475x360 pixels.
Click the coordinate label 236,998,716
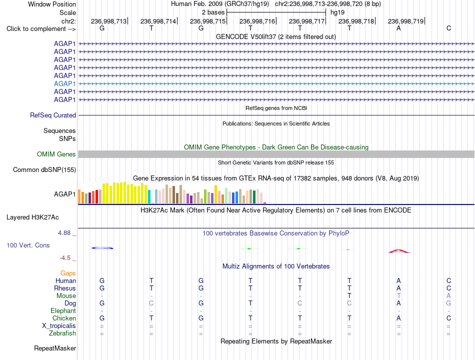click(x=257, y=21)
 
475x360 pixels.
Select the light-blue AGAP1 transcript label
click(x=64, y=83)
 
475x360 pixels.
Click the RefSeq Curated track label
click(x=53, y=115)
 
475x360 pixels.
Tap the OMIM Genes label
click(x=56, y=154)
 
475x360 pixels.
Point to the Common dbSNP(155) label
click(x=44, y=169)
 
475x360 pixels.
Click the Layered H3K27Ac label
click(x=32, y=217)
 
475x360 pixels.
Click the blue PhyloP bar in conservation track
click(x=102, y=248)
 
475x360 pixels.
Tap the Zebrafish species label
click(x=62, y=333)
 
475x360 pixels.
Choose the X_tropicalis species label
click(x=59, y=326)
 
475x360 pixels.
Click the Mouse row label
click(x=66, y=296)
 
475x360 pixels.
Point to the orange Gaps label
click(x=68, y=273)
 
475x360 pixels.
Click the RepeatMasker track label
click(x=55, y=348)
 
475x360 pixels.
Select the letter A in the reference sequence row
click(x=398, y=28)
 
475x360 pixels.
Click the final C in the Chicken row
click(x=448, y=318)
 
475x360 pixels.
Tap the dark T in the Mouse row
click(x=349, y=296)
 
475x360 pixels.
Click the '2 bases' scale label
click(x=213, y=12)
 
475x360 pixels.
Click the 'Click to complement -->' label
click(x=41, y=29)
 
